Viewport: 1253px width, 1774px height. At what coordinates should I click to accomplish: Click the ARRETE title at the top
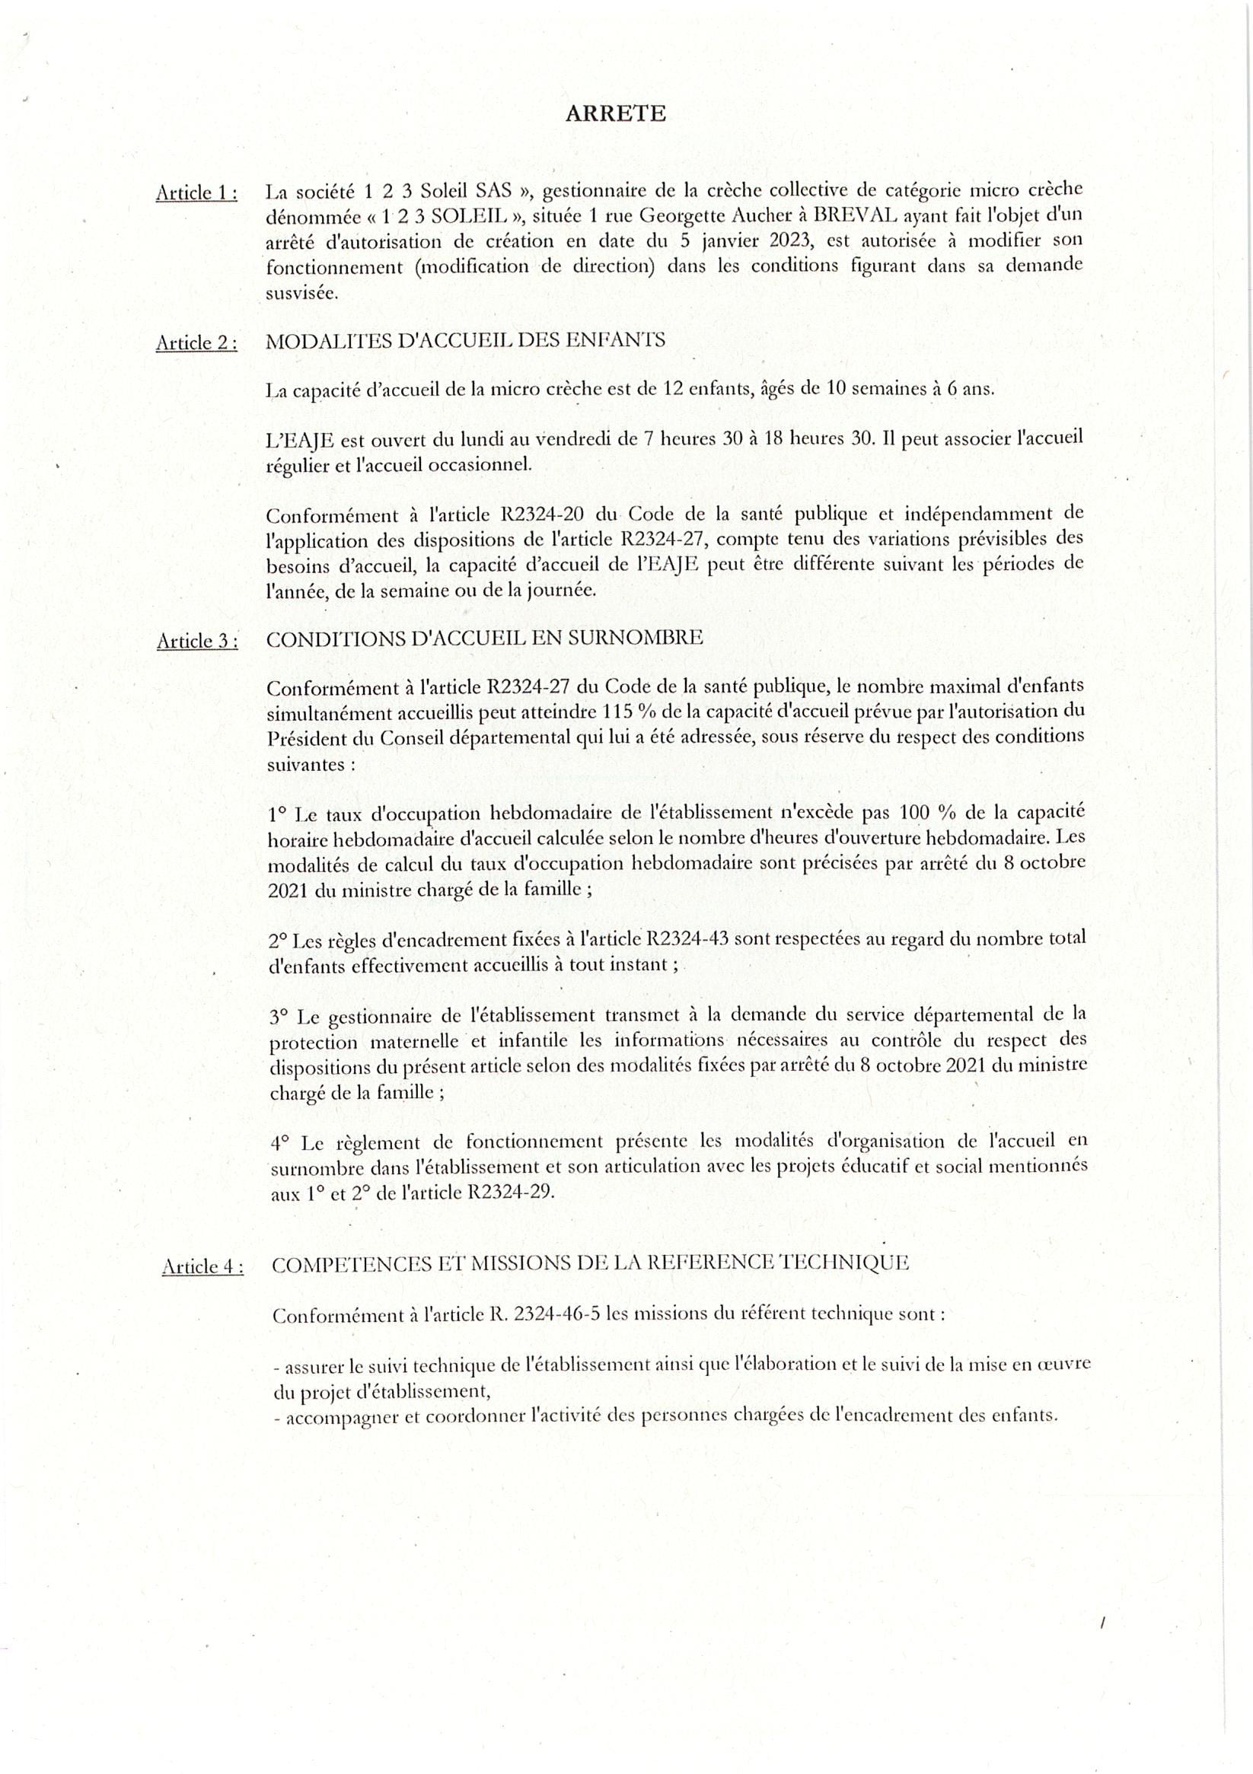point(615,114)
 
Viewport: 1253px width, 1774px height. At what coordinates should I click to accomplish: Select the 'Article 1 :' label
point(196,193)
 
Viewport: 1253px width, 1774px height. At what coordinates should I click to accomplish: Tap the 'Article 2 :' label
point(196,343)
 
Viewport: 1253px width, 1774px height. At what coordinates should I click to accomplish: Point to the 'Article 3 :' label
point(197,641)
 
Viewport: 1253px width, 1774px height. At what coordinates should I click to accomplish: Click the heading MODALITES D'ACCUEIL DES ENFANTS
point(464,340)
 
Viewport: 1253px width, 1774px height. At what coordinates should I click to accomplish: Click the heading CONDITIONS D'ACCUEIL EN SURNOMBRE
point(484,638)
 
